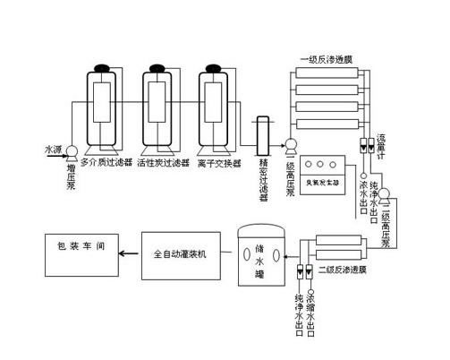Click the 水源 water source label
(x=52, y=150)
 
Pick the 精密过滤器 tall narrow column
(x=263, y=139)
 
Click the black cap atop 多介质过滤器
(x=101, y=66)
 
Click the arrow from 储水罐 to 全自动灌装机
(x=225, y=253)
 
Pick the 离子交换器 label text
(x=220, y=163)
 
